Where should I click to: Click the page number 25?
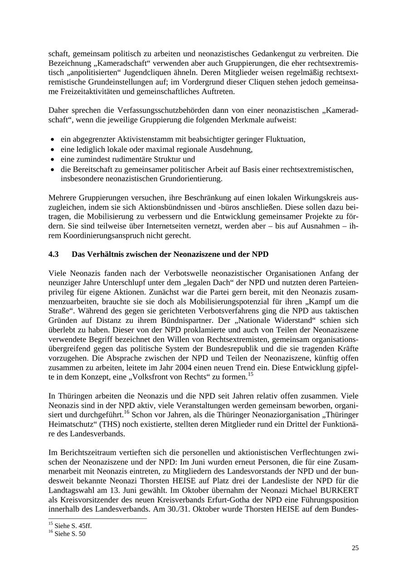coord(355,548)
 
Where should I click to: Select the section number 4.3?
coord(53,254)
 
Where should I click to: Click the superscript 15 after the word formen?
coord(250,375)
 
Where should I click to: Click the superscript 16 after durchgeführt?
coord(126,412)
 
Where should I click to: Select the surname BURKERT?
coord(338,490)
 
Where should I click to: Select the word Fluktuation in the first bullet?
coord(285,139)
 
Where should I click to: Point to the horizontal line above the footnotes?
coord(97,518)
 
